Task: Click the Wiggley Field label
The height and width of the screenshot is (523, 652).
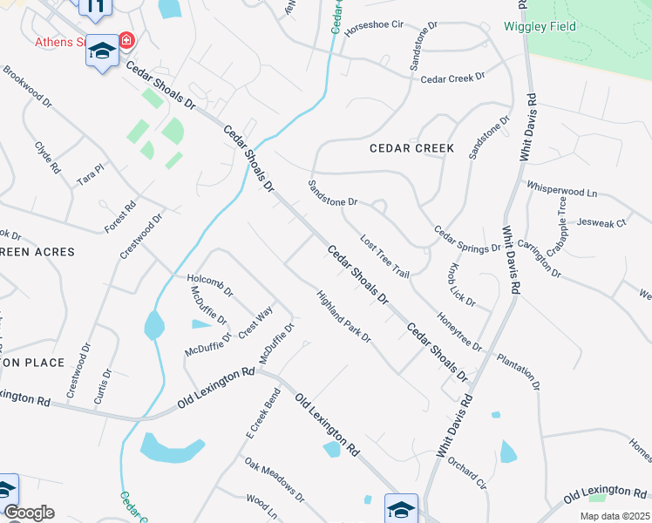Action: (540, 26)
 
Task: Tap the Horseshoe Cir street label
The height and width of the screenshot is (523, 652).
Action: (375, 31)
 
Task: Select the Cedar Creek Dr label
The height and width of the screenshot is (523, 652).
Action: (452, 78)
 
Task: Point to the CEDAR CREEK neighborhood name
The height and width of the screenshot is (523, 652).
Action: (411, 148)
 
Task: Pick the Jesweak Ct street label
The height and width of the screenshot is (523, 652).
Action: (601, 223)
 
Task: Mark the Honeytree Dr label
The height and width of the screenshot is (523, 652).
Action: (458, 332)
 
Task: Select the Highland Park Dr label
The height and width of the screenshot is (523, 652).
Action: (343, 316)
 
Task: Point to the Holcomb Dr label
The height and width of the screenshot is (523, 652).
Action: (210, 285)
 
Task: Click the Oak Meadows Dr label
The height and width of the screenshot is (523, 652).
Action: (274, 480)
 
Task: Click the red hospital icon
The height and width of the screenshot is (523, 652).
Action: (127, 40)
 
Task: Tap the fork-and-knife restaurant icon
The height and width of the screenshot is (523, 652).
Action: (96, 8)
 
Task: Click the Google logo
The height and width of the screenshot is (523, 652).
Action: (28, 513)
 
